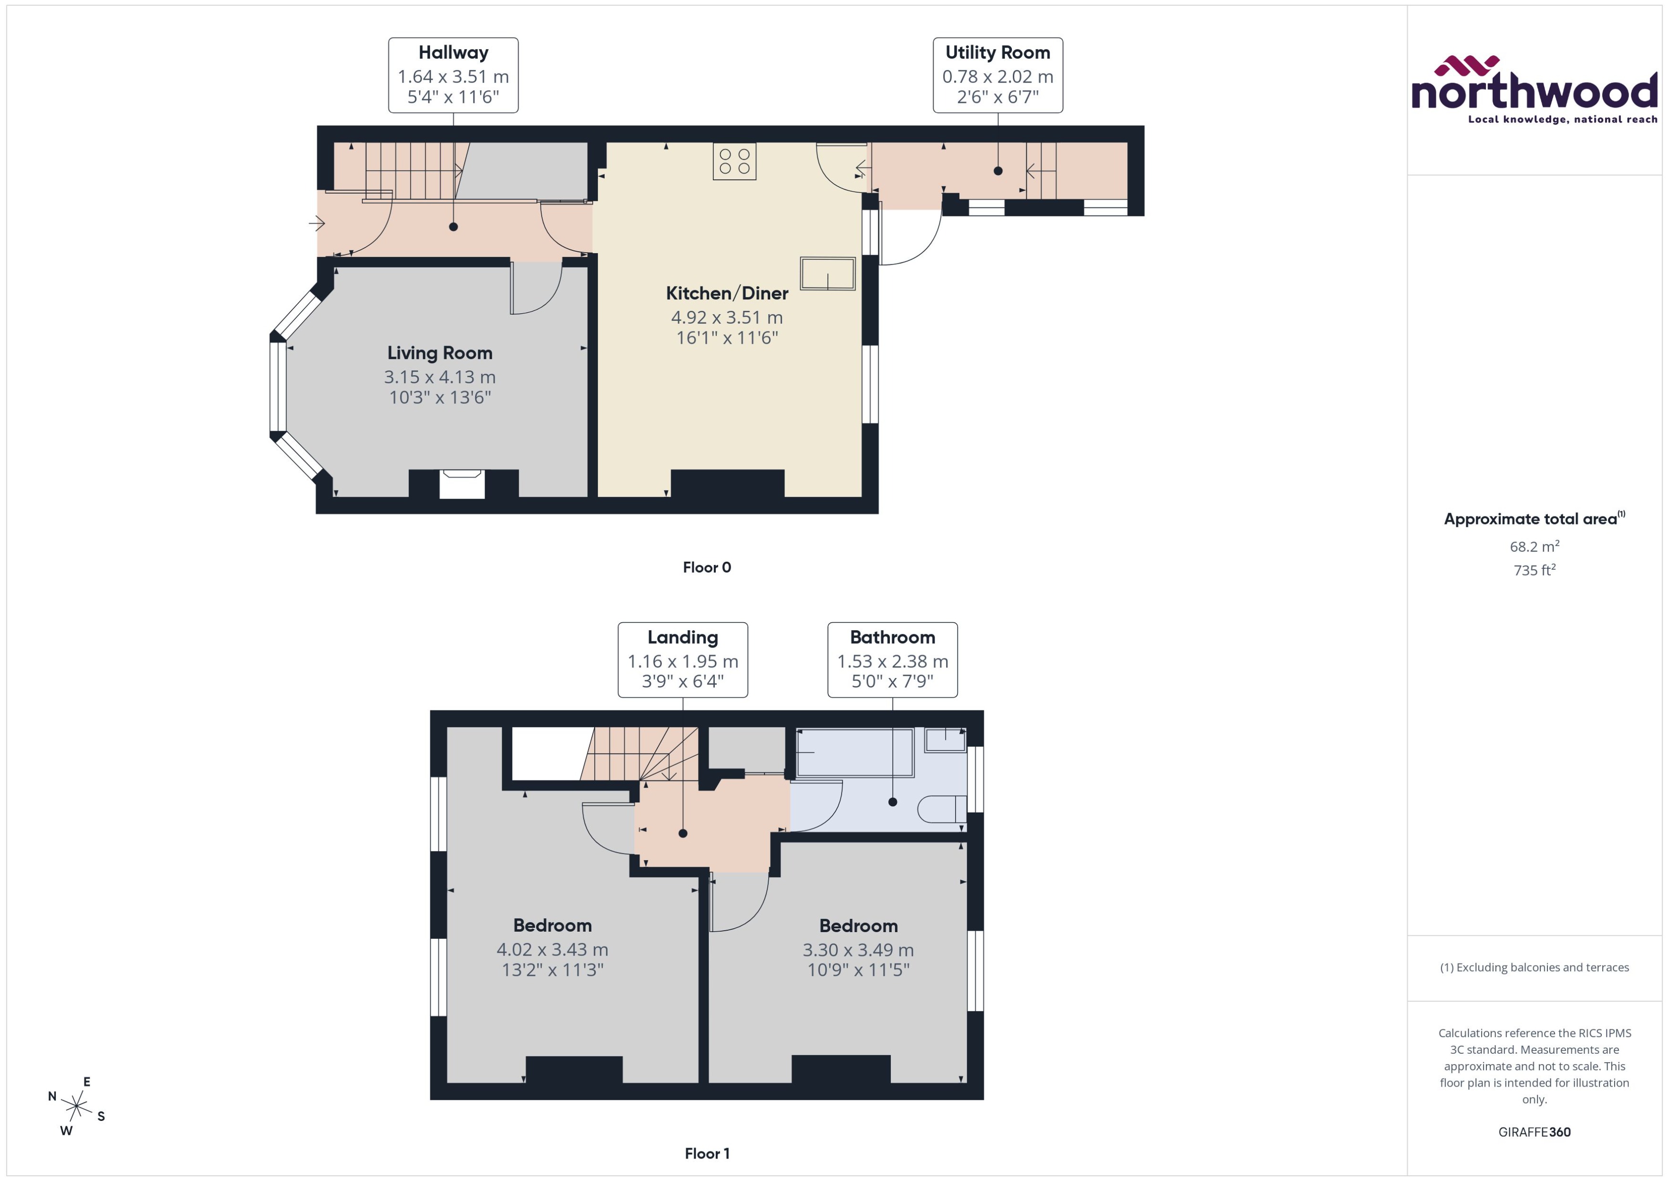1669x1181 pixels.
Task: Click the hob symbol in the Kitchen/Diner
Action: click(734, 162)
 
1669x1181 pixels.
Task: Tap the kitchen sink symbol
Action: click(828, 273)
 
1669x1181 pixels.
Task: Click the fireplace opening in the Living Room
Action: click(462, 485)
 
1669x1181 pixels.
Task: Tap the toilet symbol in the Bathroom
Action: click(942, 809)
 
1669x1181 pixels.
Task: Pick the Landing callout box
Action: click(682, 659)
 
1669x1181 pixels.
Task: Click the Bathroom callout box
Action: click(892, 659)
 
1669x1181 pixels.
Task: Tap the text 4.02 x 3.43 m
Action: click(552, 949)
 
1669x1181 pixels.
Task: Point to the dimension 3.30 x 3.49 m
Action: click(858, 950)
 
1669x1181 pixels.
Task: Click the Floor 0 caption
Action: click(706, 567)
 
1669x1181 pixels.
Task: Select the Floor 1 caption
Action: click(706, 1153)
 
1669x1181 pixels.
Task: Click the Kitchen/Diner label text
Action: click(727, 293)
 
